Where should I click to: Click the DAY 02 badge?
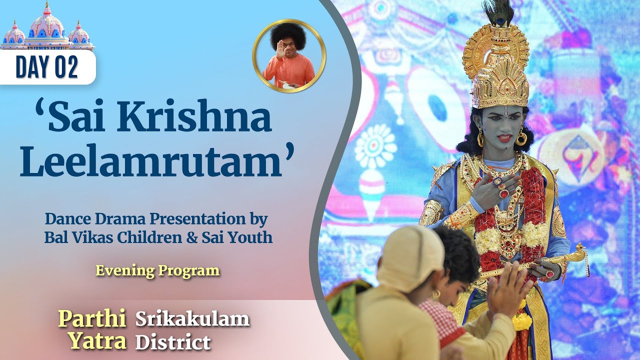coord(47,67)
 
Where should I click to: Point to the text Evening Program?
coord(157,270)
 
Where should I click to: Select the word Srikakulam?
coord(192,318)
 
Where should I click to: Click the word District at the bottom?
coord(173,342)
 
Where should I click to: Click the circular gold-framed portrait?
coord(288,56)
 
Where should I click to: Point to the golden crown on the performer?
coord(495,70)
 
